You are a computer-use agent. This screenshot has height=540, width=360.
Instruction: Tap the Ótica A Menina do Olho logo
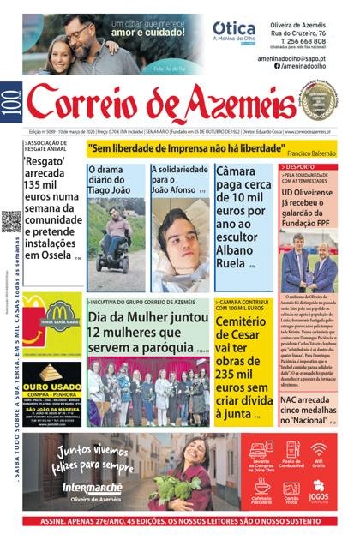(233, 32)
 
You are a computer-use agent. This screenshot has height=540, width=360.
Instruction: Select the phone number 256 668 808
(306, 40)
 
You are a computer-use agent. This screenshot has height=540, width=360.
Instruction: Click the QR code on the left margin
(11, 221)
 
